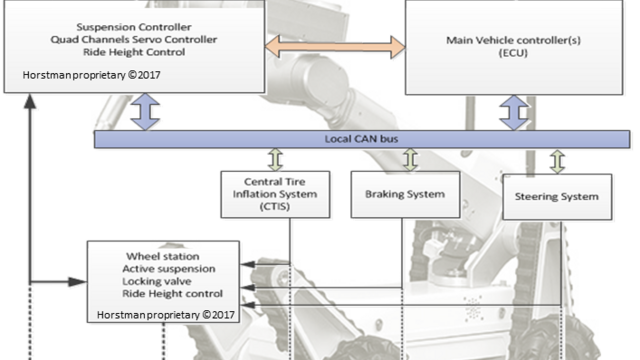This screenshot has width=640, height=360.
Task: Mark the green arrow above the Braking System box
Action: [409, 159]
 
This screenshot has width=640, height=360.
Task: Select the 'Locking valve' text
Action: [154, 282]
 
